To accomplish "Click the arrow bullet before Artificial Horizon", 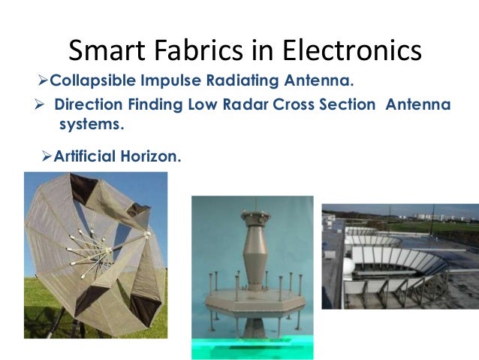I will pos(45,156).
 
